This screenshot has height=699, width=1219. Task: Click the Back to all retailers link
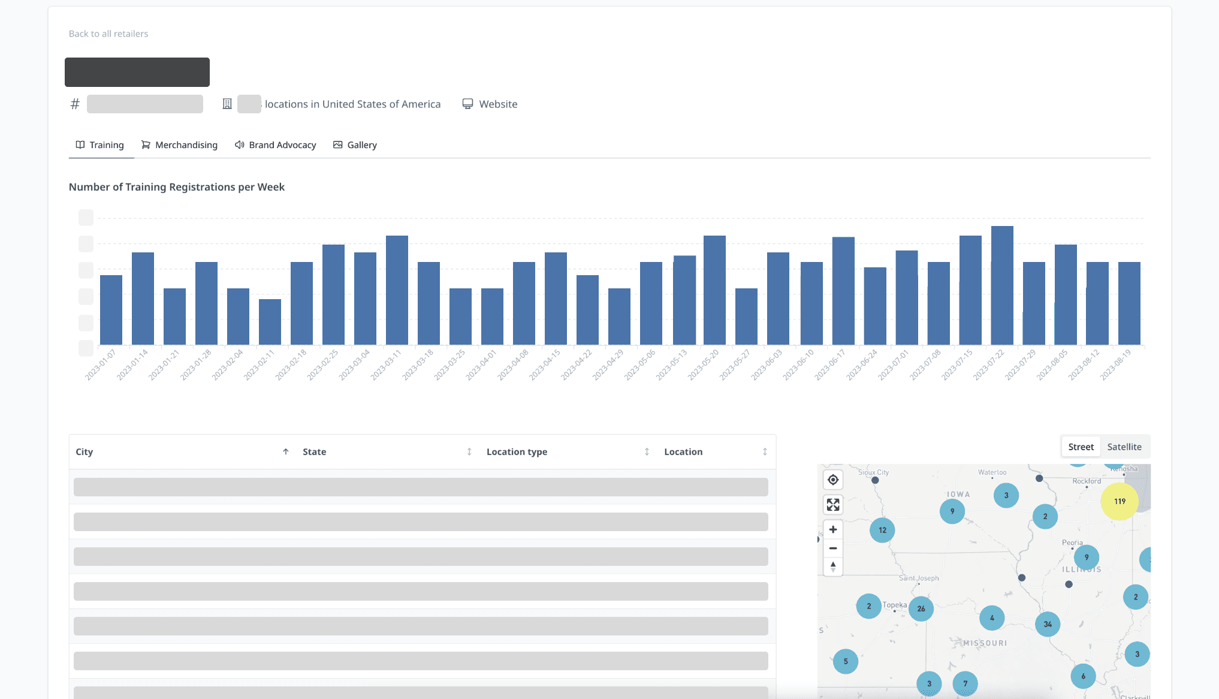click(108, 34)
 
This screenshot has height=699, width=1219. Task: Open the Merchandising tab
click(179, 145)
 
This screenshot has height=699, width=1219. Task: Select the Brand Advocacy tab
click(276, 145)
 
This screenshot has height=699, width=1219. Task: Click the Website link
click(490, 104)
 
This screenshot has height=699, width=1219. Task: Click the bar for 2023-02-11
click(270, 322)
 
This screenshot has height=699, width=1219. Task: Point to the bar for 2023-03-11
click(397, 290)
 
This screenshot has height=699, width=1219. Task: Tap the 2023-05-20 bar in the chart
click(714, 290)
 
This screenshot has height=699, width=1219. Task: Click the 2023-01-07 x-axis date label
click(100, 365)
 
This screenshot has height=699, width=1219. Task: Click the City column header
click(85, 452)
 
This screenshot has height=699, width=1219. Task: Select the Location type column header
click(517, 452)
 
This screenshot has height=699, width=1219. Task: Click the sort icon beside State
click(469, 452)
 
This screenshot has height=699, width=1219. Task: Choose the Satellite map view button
click(1124, 447)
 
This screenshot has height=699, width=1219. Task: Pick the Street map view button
click(1081, 447)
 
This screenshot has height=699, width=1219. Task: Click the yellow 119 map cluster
click(1120, 501)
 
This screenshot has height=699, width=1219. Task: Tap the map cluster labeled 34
click(1048, 624)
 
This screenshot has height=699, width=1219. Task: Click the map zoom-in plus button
click(833, 529)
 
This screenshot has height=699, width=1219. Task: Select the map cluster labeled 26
click(921, 608)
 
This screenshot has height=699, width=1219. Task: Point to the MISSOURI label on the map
click(985, 643)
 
